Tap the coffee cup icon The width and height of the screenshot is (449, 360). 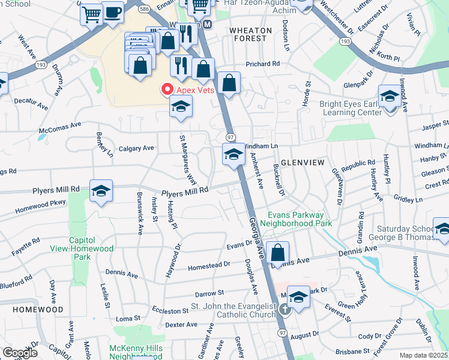(x=112, y=12)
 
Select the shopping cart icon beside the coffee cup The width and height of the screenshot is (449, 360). (x=92, y=14)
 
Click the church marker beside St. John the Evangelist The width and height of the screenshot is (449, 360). (x=286, y=310)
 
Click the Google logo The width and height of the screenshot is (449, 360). (x=20, y=353)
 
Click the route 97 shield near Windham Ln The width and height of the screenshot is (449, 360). (x=230, y=138)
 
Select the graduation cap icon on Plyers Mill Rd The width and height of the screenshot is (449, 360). (x=101, y=191)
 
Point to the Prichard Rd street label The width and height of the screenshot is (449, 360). (x=262, y=64)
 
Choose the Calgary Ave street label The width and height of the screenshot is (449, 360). (x=136, y=148)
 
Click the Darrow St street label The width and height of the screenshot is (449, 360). (x=209, y=293)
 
